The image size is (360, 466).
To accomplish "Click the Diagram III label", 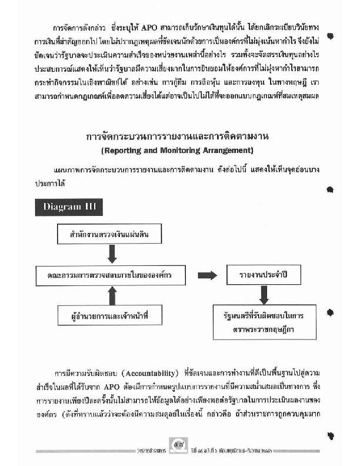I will pos(69,207).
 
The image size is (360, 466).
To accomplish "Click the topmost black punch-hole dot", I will pos(332,36).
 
